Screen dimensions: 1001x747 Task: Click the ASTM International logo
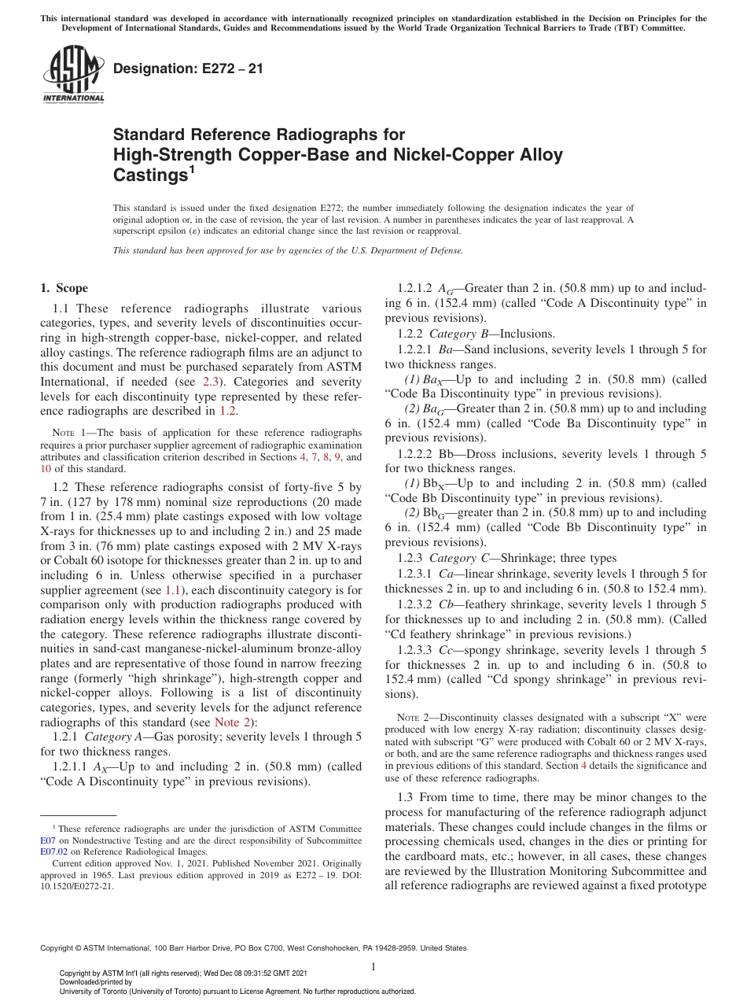pyautogui.click(x=73, y=75)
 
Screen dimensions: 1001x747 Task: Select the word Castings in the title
pyautogui.click(x=149, y=175)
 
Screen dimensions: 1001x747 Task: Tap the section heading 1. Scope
pyautogui.click(x=64, y=288)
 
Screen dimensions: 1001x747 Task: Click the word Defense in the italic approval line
pyautogui.click(x=444, y=250)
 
